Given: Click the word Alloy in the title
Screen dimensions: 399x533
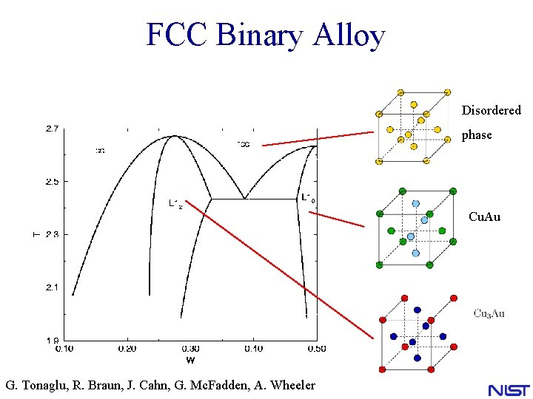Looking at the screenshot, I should click(x=347, y=35).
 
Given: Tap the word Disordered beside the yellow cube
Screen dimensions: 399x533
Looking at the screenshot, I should click(x=492, y=110).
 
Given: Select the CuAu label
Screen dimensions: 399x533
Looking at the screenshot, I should click(x=484, y=216).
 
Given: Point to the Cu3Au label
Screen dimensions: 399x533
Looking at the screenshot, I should click(x=489, y=313).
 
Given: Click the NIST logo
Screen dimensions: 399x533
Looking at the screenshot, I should click(x=509, y=389).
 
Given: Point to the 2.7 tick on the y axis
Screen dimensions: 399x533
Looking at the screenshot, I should click(x=52, y=129).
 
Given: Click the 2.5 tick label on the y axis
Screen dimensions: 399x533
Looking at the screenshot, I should click(x=52, y=181).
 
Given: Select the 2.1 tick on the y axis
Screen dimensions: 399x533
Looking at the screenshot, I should click(x=52, y=287).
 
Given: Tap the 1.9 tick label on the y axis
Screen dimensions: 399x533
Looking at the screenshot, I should click(x=52, y=341).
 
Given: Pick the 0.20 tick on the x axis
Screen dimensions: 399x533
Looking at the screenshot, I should click(x=127, y=348).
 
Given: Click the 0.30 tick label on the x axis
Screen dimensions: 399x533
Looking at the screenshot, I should click(x=190, y=348).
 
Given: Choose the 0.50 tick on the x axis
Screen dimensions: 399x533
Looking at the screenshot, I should click(x=316, y=348).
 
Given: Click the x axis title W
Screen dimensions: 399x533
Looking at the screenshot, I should click(x=191, y=360).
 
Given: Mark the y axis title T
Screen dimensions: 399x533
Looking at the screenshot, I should click(x=37, y=233).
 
